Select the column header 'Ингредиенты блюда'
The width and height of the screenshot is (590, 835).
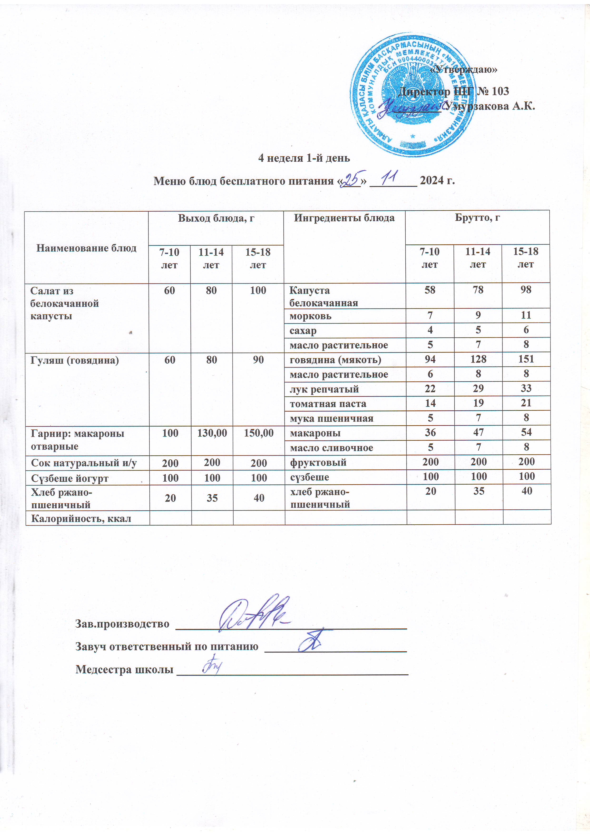[x=344, y=218]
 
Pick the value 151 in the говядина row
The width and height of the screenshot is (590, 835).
[x=526, y=359]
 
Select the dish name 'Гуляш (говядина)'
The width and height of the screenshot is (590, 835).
[x=75, y=360]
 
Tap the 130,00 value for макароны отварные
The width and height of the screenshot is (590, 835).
[x=212, y=433]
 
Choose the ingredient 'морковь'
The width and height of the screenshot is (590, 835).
[x=310, y=316]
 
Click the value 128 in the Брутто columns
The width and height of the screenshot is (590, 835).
[x=478, y=359]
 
